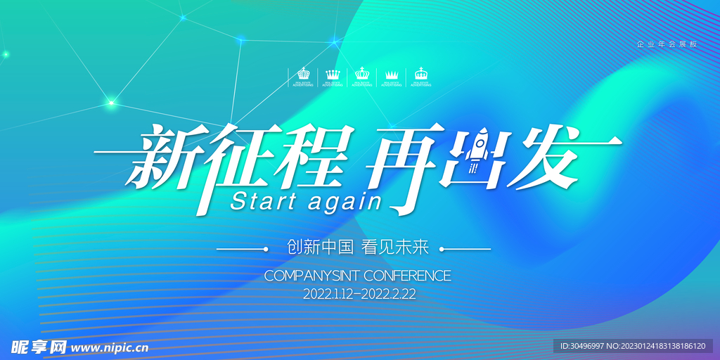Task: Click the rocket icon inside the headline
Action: (477, 152)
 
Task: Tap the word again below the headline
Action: (345, 202)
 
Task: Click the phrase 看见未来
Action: (394, 247)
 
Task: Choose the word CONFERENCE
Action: (409, 276)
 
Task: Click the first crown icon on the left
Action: (303, 73)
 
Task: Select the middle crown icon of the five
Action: (362, 73)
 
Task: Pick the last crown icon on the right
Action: (421, 73)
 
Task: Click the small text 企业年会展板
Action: (667, 44)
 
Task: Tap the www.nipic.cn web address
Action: (109, 347)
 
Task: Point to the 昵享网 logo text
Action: (38, 347)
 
